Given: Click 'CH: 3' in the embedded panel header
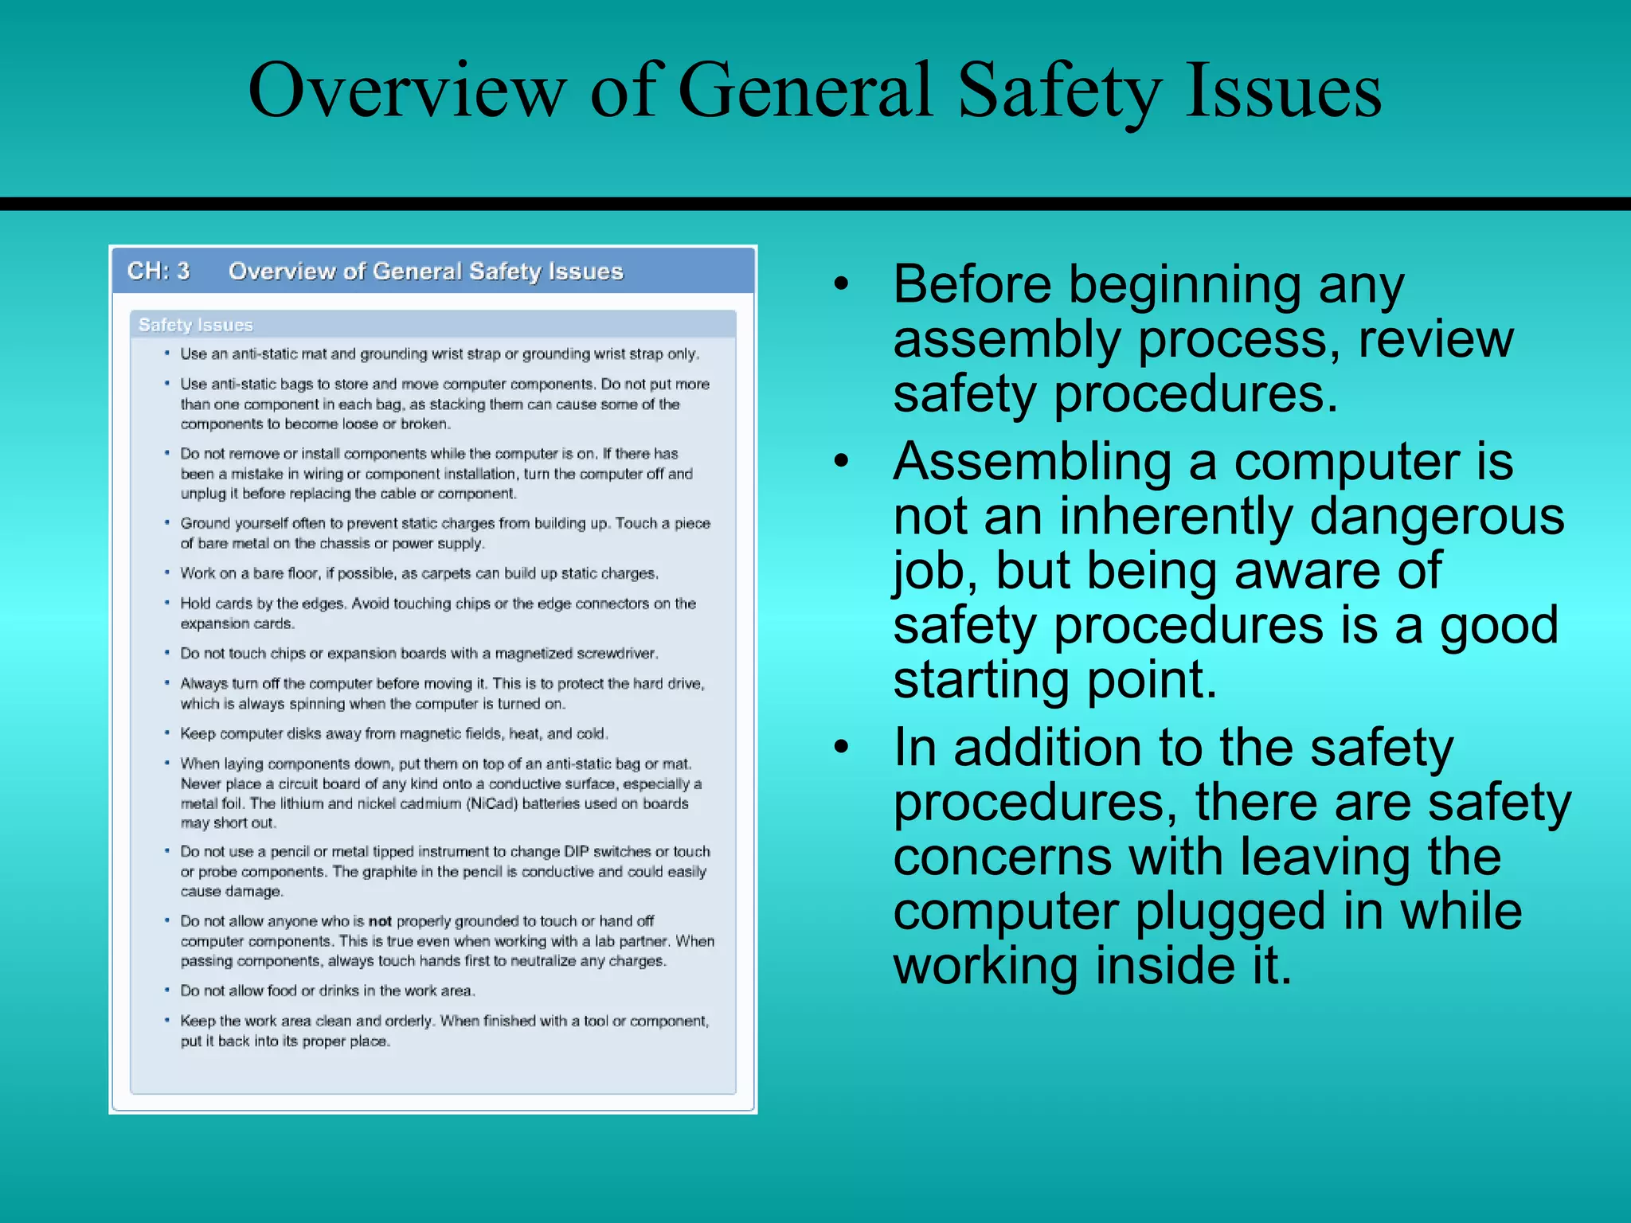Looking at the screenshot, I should point(158,272).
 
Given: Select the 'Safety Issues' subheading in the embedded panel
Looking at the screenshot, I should point(195,325).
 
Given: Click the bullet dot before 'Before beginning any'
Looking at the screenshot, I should point(842,284).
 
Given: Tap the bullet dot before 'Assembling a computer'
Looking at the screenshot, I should point(842,462).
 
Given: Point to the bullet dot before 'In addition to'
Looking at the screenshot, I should point(842,748).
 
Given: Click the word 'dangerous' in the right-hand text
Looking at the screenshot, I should point(1437,517).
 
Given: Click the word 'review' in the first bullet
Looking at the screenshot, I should point(1435,340).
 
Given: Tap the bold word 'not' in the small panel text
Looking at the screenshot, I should point(380,921).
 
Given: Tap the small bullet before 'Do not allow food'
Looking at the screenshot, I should point(167,991).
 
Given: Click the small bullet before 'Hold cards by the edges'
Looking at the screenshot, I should point(167,604).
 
